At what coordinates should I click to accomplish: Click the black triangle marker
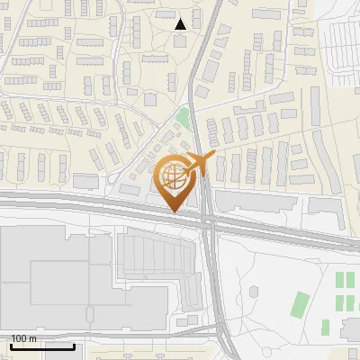(181, 23)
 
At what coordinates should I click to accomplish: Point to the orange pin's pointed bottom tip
(174, 211)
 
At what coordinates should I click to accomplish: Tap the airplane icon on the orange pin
(199, 164)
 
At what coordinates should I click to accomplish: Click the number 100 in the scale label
(19, 338)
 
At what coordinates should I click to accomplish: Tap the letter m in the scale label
(33, 338)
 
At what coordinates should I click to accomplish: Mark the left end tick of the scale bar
(12, 346)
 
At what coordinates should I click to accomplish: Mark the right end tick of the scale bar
(75, 346)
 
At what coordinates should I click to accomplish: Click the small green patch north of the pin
(184, 118)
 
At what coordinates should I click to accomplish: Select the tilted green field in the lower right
(300, 304)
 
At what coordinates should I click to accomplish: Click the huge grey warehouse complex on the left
(54, 279)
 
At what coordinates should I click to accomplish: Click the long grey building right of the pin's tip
(252, 201)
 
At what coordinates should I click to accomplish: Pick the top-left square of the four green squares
(340, 279)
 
